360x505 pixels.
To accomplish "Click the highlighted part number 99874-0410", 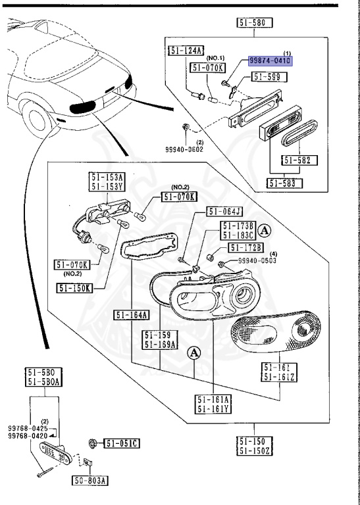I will coord(269,60).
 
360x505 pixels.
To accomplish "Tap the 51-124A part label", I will coord(186,51).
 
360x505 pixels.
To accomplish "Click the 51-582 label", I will coord(299,160).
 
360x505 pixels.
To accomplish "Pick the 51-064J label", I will coord(224,212).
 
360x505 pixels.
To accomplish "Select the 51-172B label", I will coord(246,247).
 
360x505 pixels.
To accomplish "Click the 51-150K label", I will coord(75,287).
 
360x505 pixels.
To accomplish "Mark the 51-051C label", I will coord(122,444).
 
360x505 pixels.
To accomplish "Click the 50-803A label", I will coord(90,480).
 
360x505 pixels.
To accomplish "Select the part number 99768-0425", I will coord(27,427).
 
